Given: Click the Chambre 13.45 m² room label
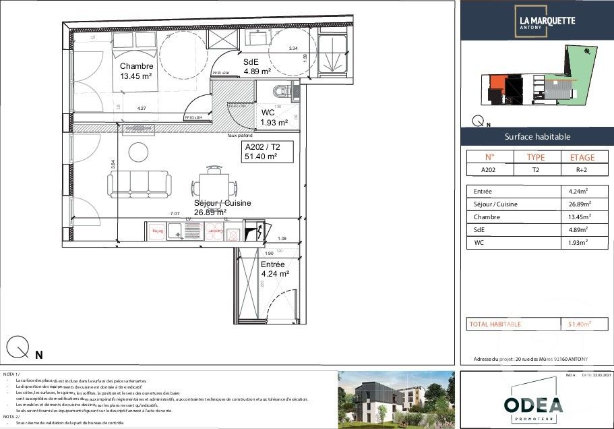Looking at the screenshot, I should (x=136, y=71).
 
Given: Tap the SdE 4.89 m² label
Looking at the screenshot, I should (x=257, y=65).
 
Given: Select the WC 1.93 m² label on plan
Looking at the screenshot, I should (x=274, y=118).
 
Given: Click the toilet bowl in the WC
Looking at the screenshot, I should (x=282, y=91).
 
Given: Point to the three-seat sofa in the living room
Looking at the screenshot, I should (x=139, y=182).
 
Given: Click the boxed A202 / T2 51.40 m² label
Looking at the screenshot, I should (x=267, y=152).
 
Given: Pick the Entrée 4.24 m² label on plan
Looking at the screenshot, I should (x=274, y=269).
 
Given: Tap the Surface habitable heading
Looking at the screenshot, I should (x=537, y=137).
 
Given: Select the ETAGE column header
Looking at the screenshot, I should (x=582, y=157).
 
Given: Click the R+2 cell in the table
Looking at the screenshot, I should (x=582, y=171).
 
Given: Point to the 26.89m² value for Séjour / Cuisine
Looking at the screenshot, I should (x=580, y=204).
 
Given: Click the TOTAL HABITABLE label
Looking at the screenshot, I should (x=495, y=324).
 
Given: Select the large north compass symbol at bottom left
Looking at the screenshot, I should (x=18, y=347).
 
